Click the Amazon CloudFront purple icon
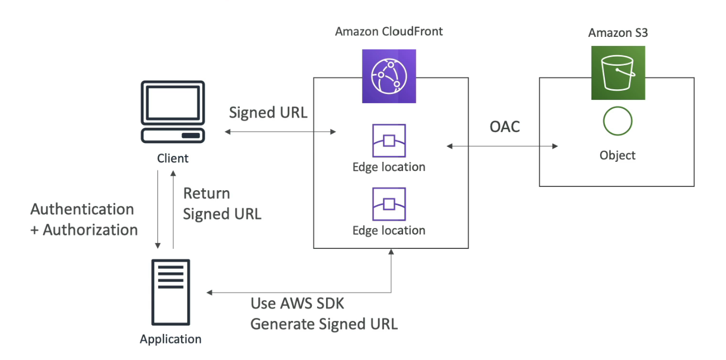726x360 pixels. point(389,76)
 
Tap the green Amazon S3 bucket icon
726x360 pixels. point(618,73)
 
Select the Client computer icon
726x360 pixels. point(172,112)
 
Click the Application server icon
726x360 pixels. point(171,292)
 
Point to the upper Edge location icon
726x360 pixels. point(389,141)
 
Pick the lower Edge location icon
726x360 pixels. point(389,205)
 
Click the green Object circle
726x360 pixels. point(618,122)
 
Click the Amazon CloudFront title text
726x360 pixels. point(389,32)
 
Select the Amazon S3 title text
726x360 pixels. point(618,33)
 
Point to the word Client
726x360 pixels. point(172,159)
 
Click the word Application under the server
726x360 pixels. point(171,339)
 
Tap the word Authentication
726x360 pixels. point(82,209)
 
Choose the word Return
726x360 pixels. point(207,193)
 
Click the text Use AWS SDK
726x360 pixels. point(297,304)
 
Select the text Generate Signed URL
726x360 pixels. point(324,324)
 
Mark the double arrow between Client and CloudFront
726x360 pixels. point(280,131)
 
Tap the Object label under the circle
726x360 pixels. point(618,155)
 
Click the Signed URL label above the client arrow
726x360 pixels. point(268,113)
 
